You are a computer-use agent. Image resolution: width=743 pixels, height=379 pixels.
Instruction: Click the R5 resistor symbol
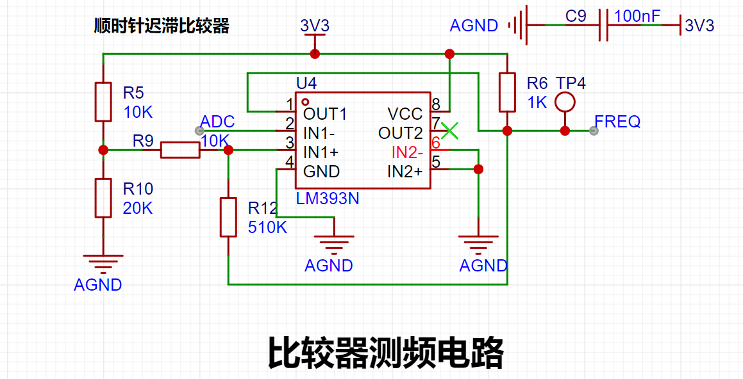[103, 102]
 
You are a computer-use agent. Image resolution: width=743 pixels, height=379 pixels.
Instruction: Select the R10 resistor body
[103, 198]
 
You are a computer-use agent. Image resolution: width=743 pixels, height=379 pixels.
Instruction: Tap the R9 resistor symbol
[180, 150]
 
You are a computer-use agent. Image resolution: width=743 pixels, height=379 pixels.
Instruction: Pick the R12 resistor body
[228, 217]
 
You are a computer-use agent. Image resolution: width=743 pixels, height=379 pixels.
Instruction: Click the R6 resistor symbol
[508, 92]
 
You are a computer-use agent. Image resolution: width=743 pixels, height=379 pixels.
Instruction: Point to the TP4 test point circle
[564, 102]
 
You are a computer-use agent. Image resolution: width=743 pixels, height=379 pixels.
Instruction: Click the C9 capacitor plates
[603, 24]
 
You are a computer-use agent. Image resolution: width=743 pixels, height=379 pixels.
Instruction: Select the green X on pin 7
[449, 131]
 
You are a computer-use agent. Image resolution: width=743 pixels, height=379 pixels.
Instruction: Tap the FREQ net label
[617, 122]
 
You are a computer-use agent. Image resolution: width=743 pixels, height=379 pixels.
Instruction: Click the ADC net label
[217, 122]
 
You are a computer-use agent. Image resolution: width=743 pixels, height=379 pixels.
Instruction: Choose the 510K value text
[268, 227]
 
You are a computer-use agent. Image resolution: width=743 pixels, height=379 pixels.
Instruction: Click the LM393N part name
[328, 198]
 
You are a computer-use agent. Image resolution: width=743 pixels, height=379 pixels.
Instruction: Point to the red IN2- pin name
[407, 152]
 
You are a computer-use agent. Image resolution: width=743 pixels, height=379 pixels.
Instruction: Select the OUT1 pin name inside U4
[325, 113]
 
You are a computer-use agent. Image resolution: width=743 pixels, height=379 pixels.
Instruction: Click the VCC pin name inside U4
[405, 113]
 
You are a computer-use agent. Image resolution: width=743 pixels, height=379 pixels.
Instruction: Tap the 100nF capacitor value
[637, 16]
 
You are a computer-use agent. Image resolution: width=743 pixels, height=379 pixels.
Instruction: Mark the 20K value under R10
[138, 207]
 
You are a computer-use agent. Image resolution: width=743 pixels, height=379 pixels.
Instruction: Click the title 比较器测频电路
[385, 353]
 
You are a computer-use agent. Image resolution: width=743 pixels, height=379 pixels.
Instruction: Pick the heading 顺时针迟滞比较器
[162, 26]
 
